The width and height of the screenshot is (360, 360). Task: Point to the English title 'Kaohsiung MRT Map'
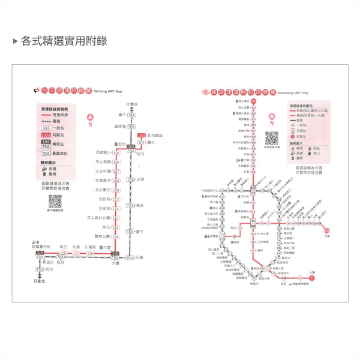click(x=293, y=93)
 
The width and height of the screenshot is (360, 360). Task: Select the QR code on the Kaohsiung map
click(x=270, y=137)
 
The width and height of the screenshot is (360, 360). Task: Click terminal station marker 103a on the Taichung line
click(x=141, y=136)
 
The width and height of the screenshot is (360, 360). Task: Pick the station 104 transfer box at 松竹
click(x=131, y=146)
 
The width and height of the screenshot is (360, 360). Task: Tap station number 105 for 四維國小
click(x=116, y=153)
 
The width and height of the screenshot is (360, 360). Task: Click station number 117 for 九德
click(x=76, y=254)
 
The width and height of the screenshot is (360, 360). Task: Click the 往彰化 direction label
click(x=40, y=280)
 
